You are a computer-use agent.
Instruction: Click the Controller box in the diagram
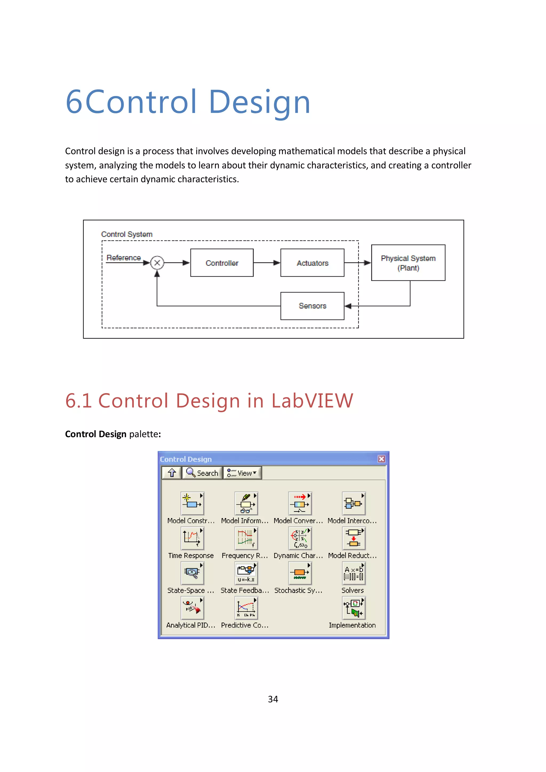(x=222, y=263)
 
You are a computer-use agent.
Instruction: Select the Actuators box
(x=312, y=263)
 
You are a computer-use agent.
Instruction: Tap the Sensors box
(x=312, y=306)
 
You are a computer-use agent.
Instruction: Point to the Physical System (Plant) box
(x=408, y=263)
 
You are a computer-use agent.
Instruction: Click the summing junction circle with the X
(x=157, y=263)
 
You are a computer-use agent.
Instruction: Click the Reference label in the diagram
(x=123, y=258)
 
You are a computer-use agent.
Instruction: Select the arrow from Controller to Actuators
(x=267, y=263)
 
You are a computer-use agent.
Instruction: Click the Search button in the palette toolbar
(x=203, y=473)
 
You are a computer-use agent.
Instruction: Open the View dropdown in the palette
(x=242, y=473)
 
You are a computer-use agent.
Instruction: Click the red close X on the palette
(x=381, y=459)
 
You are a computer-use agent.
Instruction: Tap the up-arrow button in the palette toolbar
(x=172, y=473)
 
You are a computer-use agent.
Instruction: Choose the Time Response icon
(x=192, y=538)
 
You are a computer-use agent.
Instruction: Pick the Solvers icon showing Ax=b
(x=353, y=573)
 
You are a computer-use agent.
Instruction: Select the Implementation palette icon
(x=353, y=608)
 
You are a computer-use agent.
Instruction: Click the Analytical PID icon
(x=192, y=608)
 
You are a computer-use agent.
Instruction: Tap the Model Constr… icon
(x=192, y=503)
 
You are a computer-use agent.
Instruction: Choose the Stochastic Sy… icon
(x=300, y=573)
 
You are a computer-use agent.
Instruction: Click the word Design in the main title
(x=259, y=102)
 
